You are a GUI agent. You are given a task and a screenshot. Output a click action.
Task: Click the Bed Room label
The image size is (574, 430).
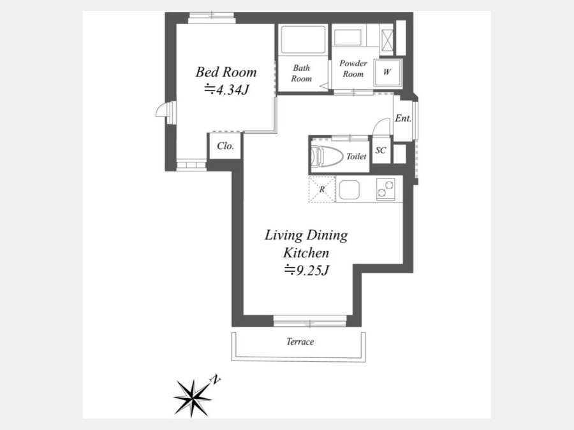coord(226,72)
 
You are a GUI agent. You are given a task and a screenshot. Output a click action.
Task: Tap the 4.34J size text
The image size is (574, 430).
coord(226,90)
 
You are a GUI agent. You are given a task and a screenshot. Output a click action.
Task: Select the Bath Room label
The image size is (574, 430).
coord(301,73)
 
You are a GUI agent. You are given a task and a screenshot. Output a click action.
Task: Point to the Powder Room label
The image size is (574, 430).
coord(353,69)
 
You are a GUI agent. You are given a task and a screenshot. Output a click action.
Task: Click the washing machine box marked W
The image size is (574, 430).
coord(387,73)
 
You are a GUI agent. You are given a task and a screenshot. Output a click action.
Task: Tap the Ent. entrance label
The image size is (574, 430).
coord(403,118)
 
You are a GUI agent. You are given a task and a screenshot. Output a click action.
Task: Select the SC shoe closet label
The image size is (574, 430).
coord(381,150)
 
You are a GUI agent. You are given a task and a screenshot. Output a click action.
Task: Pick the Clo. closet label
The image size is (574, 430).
coord(225,146)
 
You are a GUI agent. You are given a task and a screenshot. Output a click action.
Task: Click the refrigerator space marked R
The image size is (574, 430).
coord(322,189)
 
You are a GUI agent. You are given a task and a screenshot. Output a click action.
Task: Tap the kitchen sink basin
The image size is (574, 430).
coord(350,190)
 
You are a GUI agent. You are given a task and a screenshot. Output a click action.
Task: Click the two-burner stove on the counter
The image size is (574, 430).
coord(385,189)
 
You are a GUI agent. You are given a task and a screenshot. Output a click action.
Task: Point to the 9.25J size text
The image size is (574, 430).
coord(307,271)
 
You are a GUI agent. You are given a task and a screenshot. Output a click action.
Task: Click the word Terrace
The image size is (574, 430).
coord(300,341)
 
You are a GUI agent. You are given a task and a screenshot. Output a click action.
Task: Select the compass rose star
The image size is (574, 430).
coord(192,398)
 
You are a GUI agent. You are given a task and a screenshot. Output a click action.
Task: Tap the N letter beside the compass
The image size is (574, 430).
coord(216,380)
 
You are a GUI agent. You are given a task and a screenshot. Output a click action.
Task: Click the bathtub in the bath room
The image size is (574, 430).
coord(303,39)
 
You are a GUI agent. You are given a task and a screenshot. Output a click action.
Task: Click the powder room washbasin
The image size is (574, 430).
coord(348,38)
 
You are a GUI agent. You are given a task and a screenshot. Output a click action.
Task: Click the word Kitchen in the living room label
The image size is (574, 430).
coord(306,253)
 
